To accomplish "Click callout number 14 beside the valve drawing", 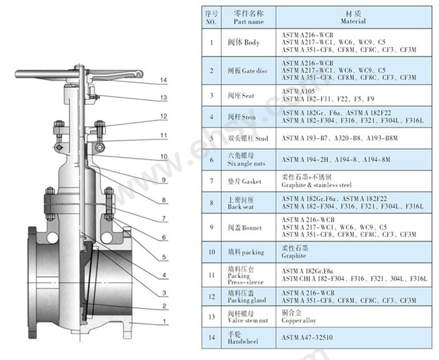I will pyautogui.click(x=163, y=81).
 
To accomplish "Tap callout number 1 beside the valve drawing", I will pyautogui.click(x=163, y=322).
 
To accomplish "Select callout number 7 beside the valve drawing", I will pyautogui.click(x=163, y=219).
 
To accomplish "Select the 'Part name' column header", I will pyautogui.click(x=248, y=17).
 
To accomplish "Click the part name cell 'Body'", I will pyautogui.click(x=244, y=42).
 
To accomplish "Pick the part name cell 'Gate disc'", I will pyautogui.click(x=247, y=71).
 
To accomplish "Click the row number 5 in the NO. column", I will pyautogui.click(x=211, y=138).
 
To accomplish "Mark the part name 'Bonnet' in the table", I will pyautogui.click(x=245, y=228).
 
